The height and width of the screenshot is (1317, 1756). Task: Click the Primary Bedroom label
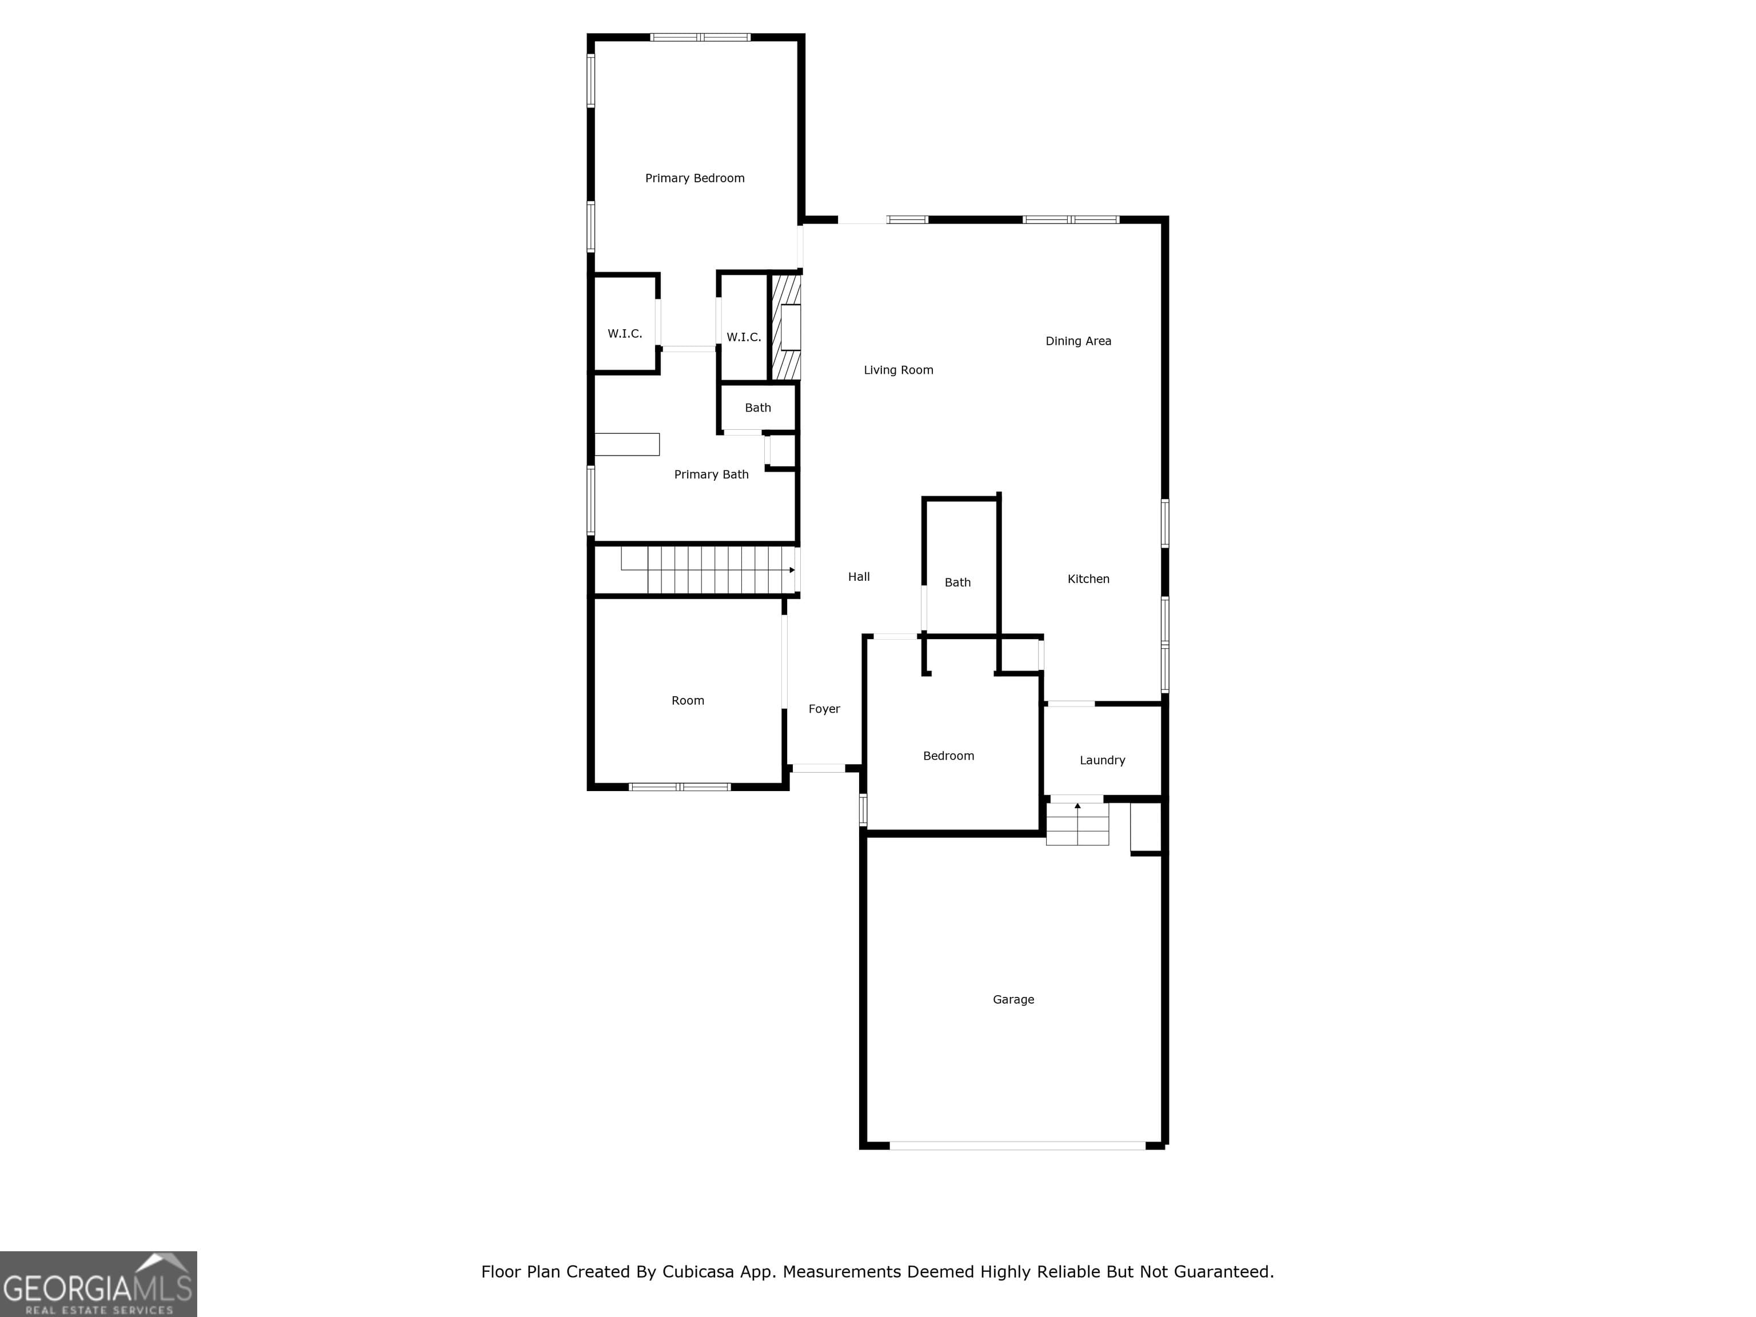tap(695, 178)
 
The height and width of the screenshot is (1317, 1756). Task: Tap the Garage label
tap(1013, 999)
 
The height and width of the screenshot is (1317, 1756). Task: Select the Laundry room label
tap(1102, 760)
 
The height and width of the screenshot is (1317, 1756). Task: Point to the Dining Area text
tap(1078, 341)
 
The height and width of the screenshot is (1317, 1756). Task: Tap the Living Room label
tap(898, 370)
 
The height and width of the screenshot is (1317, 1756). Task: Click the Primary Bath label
tap(711, 474)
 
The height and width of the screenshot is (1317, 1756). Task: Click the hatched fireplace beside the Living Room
tap(786, 327)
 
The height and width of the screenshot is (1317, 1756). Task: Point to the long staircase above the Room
tap(707, 570)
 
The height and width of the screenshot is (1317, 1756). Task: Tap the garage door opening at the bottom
tap(1017, 1146)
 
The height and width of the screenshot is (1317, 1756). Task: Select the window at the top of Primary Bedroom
tap(700, 37)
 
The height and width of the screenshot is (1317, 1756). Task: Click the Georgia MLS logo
tap(98, 1284)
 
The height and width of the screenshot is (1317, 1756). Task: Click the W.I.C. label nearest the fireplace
tap(744, 337)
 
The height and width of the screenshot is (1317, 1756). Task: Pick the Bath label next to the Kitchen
tap(957, 582)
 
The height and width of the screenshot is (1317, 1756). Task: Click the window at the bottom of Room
tap(680, 787)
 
